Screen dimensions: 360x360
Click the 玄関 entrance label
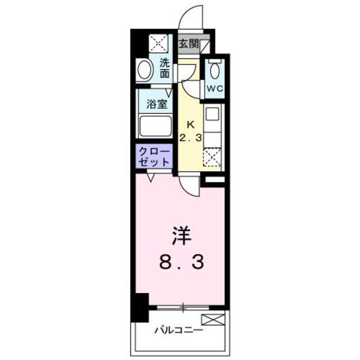[x=189, y=44]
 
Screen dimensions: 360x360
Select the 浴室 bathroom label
[x=156, y=105]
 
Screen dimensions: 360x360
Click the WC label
[x=215, y=89]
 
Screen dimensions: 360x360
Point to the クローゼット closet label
[x=154, y=157]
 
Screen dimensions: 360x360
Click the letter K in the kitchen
[x=191, y=125]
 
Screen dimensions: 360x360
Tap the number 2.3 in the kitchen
[x=191, y=138]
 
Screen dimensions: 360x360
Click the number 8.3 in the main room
[x=181, y=263]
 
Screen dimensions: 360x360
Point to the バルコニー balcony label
[x=178, y=331]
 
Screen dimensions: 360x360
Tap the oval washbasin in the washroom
[x=145, y=70]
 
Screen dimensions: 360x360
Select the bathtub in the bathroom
[x=156, y=126]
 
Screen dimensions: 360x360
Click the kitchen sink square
[x=213, y=114]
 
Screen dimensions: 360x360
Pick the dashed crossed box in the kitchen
[x=212, y=157]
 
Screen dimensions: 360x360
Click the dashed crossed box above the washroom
[x=158, y=43]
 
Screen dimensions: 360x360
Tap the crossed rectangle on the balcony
[x=213, y=319]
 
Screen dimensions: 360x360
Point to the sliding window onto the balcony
[x=183, y=308]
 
